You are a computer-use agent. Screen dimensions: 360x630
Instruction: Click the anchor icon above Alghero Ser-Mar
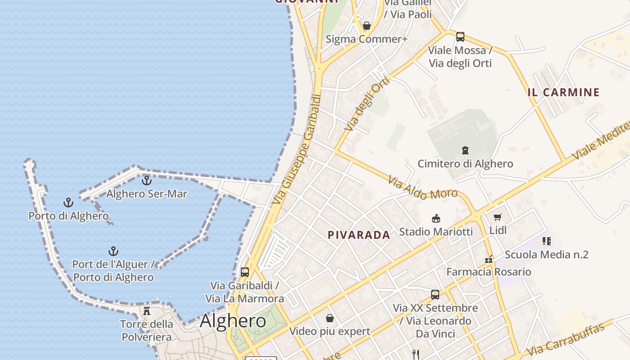tap(147, 180)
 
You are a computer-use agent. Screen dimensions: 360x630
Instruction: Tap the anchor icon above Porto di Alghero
tap(68, 202)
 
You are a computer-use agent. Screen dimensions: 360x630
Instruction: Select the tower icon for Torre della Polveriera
tap(146, 310)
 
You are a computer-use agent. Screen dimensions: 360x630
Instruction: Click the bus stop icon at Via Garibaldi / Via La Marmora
tap(245, 272)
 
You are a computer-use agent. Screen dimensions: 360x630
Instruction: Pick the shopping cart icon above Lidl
tap(497, 217)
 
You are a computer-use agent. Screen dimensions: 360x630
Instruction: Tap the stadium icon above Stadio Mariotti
tap(436, 218)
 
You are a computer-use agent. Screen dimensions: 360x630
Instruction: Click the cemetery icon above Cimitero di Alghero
tap(465, 150)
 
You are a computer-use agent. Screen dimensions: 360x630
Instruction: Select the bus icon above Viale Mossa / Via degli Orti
tap(460, 37)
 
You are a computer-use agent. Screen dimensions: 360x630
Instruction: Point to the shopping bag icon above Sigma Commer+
tap(367, 26)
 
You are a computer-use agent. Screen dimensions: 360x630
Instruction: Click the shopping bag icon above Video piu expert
tap(330, 318)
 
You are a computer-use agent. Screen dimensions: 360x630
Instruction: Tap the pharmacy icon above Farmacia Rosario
tap(489, 259)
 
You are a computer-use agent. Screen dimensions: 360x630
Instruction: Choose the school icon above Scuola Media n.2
tap(546, 241)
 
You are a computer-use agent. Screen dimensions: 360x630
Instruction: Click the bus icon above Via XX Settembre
tap(435, 295)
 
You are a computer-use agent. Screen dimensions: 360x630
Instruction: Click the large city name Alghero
tap(233, 321)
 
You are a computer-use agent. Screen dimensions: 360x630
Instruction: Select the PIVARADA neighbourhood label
tap(359, 235)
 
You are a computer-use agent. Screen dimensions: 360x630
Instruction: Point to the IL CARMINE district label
tap(564, 93)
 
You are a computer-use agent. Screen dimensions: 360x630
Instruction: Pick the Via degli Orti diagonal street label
tap(366, 103)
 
